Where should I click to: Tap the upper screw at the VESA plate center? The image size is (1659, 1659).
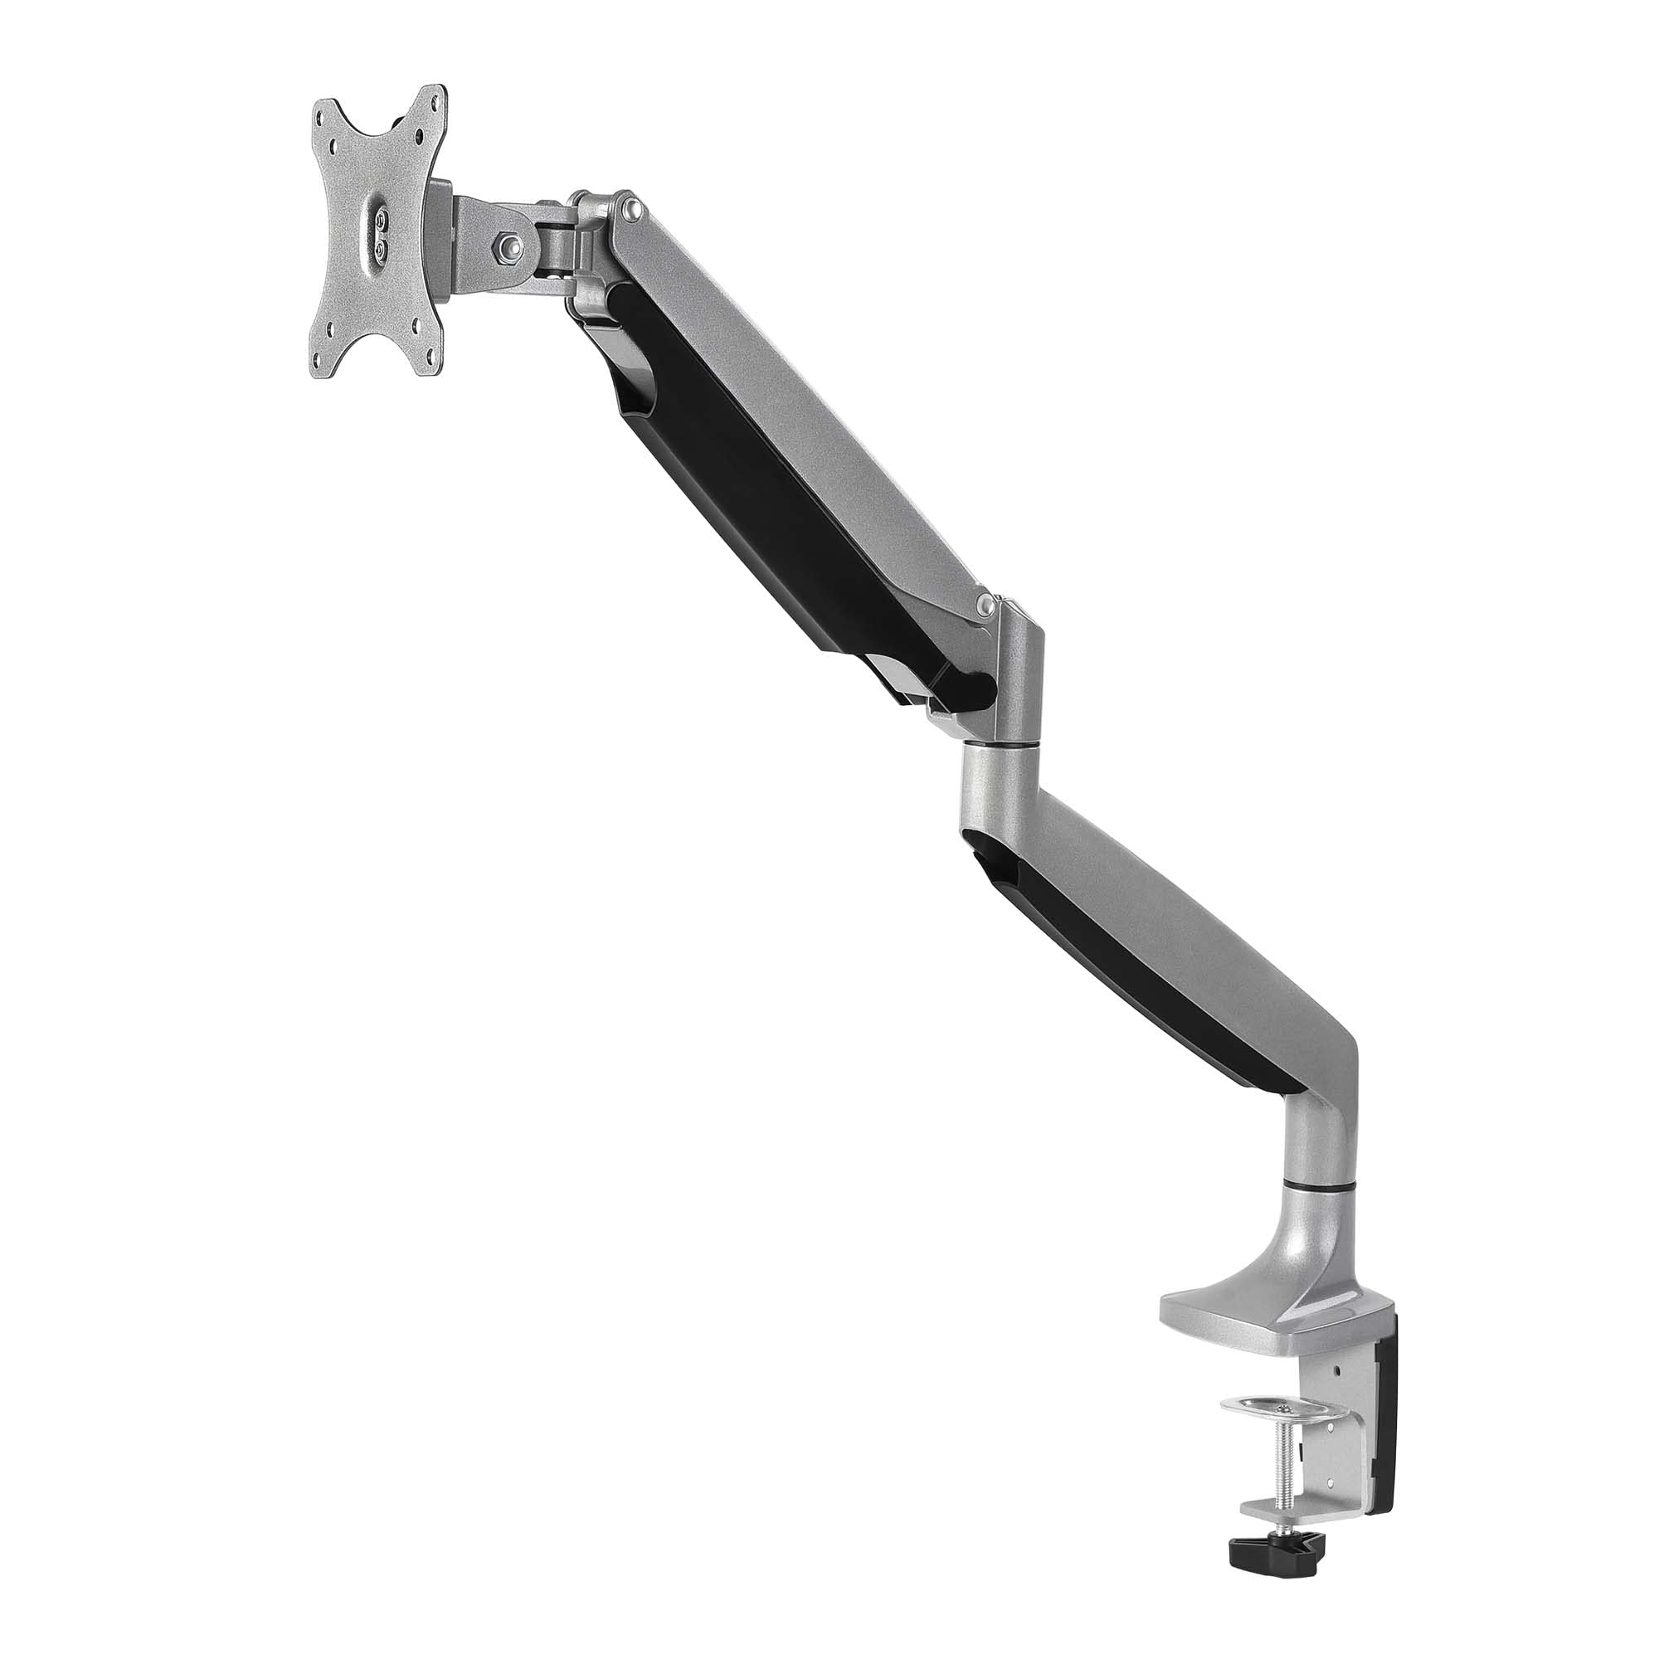tap(381, 221)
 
